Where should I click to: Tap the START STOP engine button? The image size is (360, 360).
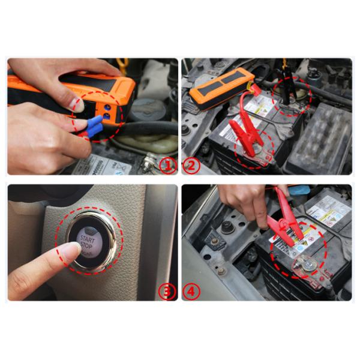pos(88,240)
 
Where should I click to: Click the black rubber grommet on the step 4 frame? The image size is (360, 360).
pos(227,227)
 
